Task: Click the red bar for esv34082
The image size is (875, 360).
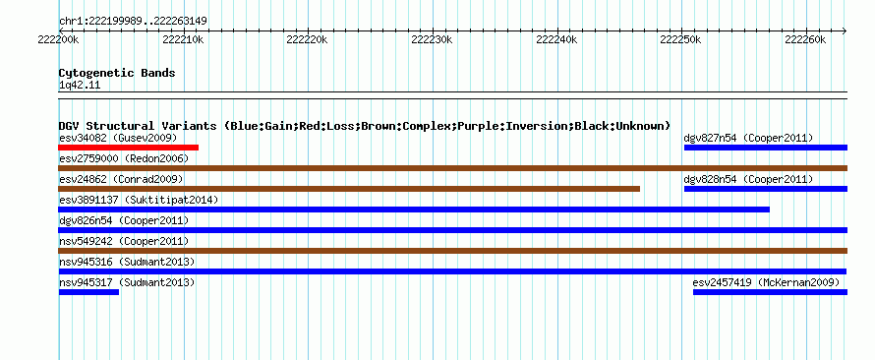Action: coord(128,148)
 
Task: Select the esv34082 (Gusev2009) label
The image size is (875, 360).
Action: coord(118,138)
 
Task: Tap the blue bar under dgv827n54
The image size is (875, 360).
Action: coord(766,148)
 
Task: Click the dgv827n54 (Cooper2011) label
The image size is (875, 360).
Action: coord(748,138)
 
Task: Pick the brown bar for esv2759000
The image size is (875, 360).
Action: coord(452,168)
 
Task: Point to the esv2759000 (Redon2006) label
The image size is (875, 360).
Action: coord(124,158)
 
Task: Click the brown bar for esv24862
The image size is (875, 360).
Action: coord(349,189)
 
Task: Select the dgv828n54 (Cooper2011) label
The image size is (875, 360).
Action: coord(748,179)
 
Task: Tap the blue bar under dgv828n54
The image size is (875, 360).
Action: coord(766,189)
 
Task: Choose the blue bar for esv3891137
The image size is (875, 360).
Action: coord(414,210)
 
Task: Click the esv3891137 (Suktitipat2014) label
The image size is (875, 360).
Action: coord(139,200)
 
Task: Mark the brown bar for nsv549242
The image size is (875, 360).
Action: coord(452,251)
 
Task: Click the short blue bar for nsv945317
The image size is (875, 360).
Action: coord(88,292)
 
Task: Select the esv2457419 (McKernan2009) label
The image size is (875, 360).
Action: coord(766,282)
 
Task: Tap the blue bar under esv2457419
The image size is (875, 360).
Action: coord(770,292)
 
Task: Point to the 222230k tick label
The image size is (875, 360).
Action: coord(431,39)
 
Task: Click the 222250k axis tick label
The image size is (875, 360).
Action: coord(680,39)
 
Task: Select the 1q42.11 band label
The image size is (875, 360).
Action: coord(80,85)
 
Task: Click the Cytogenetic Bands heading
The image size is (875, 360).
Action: coord(117,73)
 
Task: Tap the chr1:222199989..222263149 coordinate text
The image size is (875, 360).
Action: coord(133,22)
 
